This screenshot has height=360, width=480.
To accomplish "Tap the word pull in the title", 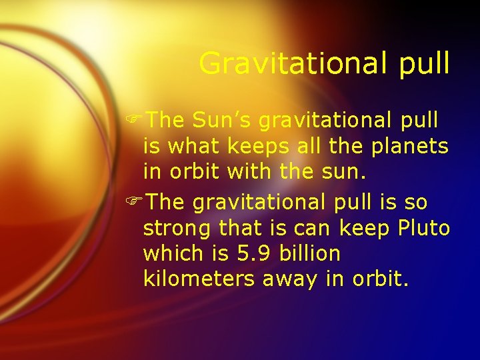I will click(420, 63).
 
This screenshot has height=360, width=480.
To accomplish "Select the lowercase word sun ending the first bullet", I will click(346, 172).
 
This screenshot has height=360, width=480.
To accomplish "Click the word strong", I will click(175, 227).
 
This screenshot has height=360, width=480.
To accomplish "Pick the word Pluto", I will click(424, 227).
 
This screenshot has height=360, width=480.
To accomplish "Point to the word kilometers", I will click(199, 279).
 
